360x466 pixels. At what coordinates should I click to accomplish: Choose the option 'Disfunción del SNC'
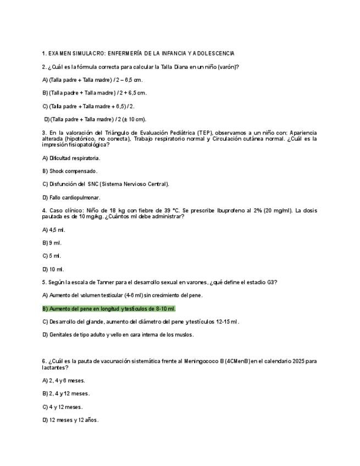[x=106, y=184]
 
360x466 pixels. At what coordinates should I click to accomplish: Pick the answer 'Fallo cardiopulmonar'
[x=71, y=197]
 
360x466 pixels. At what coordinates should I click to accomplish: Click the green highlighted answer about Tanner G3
[x=108, y=309]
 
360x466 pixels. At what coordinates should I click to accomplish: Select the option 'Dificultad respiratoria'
[x=71, y=158]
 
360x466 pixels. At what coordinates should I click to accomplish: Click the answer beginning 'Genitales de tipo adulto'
[x=118, y=334]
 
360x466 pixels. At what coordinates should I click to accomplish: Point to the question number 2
[x=43, y=67]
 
